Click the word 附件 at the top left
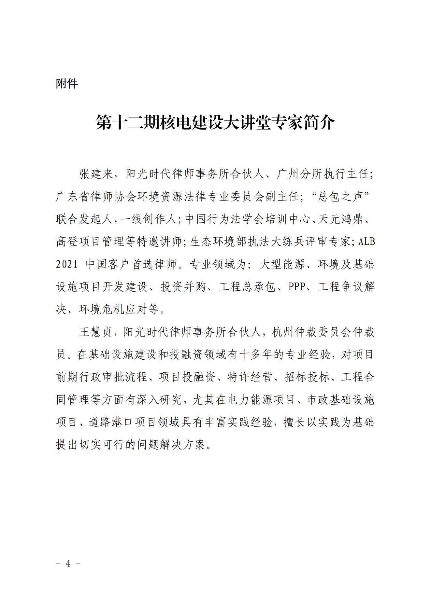click(x=67, y=84)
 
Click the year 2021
click(x=67, y=264)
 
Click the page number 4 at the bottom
click(x=68, y=563)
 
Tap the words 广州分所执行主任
click(x=323, y=174)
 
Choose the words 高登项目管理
click(x=90, y=242)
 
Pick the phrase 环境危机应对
click(x=113, y=309)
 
